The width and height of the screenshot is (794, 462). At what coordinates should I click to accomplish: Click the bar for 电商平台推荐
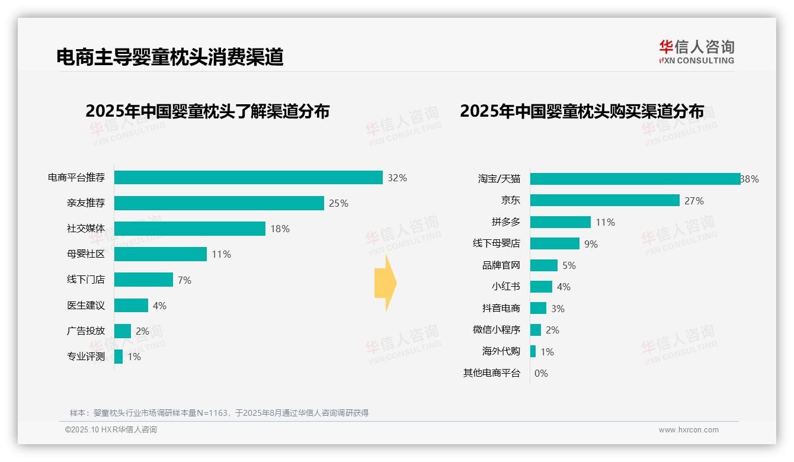click(248, 178)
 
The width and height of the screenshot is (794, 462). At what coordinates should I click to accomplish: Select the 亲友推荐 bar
click(219, 203)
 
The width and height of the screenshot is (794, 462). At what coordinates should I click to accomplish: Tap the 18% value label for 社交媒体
click(280, 229)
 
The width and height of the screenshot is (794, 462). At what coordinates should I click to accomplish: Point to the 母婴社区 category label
click(86, 254)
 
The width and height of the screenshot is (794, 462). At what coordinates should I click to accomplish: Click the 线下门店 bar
click(143, 280)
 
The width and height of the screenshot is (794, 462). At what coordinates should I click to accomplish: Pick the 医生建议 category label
click(86, 306)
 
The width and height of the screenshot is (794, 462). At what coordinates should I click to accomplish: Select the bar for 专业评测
click(119, 357)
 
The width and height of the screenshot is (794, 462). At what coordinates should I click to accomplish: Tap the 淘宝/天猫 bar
click(635, 179)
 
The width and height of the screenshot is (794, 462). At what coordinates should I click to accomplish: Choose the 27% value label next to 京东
click(694, 201)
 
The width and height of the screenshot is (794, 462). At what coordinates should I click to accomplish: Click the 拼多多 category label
click(505, 222)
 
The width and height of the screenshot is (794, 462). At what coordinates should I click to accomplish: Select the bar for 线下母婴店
click(555, 243)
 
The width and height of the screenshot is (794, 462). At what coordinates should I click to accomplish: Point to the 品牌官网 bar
click(544, 265)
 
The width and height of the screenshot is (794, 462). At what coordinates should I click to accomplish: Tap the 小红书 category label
click(505, 287)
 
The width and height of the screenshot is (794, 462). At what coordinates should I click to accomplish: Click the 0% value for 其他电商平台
click(541, 373)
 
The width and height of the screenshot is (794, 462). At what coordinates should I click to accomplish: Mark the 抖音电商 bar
click(538, 308)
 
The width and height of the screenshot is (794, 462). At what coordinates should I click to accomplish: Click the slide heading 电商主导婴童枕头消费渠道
click(170, 57)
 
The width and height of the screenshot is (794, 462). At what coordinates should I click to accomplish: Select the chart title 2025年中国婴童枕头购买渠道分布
click(582, 111)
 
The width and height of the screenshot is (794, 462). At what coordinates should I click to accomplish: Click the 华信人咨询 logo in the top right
click(696, 52)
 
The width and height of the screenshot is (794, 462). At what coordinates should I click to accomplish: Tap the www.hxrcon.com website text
click(689, 430)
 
